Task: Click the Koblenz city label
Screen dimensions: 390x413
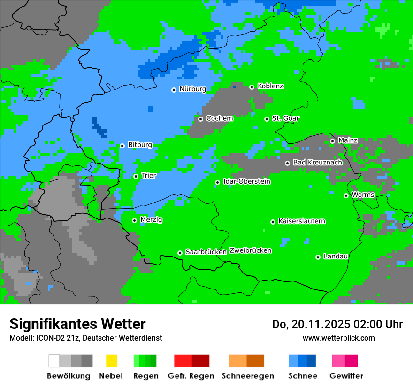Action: point(270,86)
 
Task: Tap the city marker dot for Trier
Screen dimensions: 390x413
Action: point(136,176)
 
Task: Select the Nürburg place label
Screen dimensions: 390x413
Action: point(192,89)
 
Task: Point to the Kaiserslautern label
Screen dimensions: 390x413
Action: point(301,221)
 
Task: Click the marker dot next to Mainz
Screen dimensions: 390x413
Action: point(332,141)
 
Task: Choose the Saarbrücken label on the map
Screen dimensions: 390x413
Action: point(206,252)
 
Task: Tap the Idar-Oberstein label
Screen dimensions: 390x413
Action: point(246,182)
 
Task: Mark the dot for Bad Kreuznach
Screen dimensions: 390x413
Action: point(287,163)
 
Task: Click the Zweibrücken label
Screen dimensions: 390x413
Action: point(250,250)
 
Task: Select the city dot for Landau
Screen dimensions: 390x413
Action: point(318,257)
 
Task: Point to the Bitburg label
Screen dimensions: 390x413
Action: point(140,145)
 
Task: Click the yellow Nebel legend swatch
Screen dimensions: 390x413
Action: point(111,361)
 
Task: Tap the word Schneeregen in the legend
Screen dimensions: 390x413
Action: point(248,376)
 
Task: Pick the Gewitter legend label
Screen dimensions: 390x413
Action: point(346,376)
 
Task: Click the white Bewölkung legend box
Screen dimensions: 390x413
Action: point(54,361)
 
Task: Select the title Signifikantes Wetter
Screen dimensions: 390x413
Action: point(77,324)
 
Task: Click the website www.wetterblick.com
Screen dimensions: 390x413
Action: point(338,338)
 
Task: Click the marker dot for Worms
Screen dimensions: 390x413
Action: point(346,195)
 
